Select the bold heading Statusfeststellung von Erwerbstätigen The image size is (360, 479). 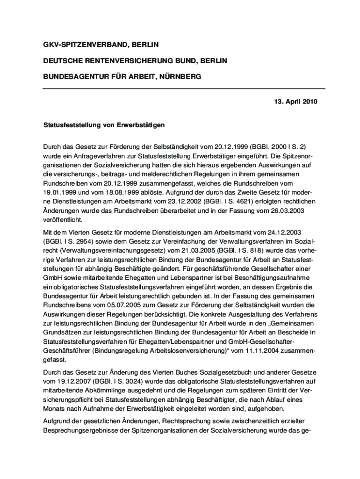coord(104,125)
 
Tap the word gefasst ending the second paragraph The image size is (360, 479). coord(55,359)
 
